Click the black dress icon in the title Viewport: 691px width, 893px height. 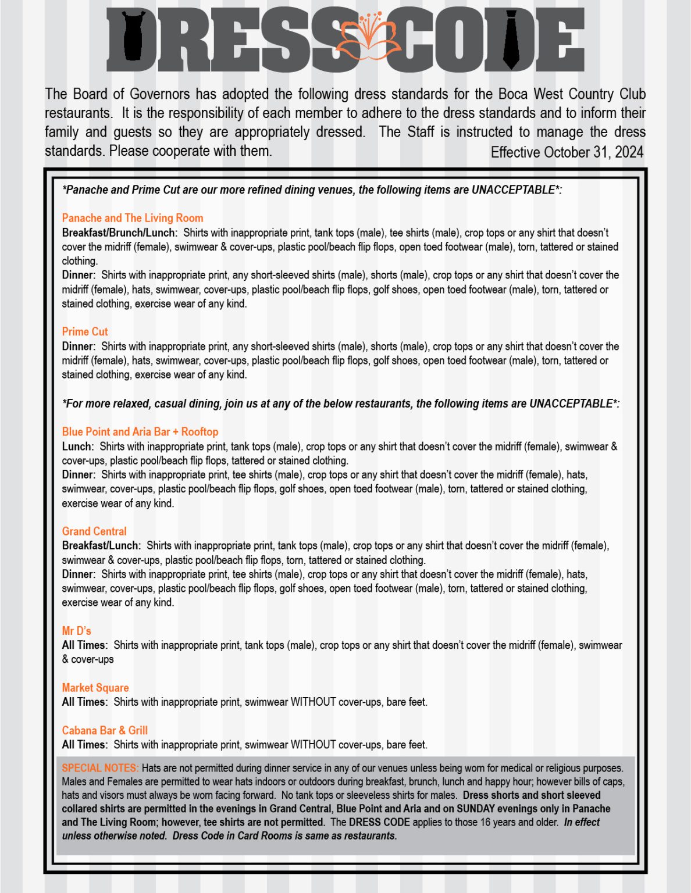tap(133, 36)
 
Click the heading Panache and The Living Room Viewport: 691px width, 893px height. tap(133, 218)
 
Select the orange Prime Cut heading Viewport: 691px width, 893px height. tap(85, 331)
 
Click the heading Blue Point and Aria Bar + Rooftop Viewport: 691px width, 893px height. tap(140, 431)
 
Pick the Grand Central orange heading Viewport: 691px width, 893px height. tap(94, 531)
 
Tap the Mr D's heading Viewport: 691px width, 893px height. tap(77, 631)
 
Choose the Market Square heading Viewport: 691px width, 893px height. tap(95, 688)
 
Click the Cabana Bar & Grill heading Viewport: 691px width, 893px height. tap(105, 730)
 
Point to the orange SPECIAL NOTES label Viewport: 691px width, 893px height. tap(100, 768)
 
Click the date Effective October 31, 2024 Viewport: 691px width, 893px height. tap(567, 152)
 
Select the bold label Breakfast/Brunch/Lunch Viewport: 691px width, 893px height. tap(119, 233)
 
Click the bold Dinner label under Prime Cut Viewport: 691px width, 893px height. tap(79, 347)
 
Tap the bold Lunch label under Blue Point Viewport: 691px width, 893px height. tap(77, 446)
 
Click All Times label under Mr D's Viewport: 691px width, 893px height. tap(84, 645)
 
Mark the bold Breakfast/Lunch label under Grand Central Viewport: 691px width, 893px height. tap(101, 546)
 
